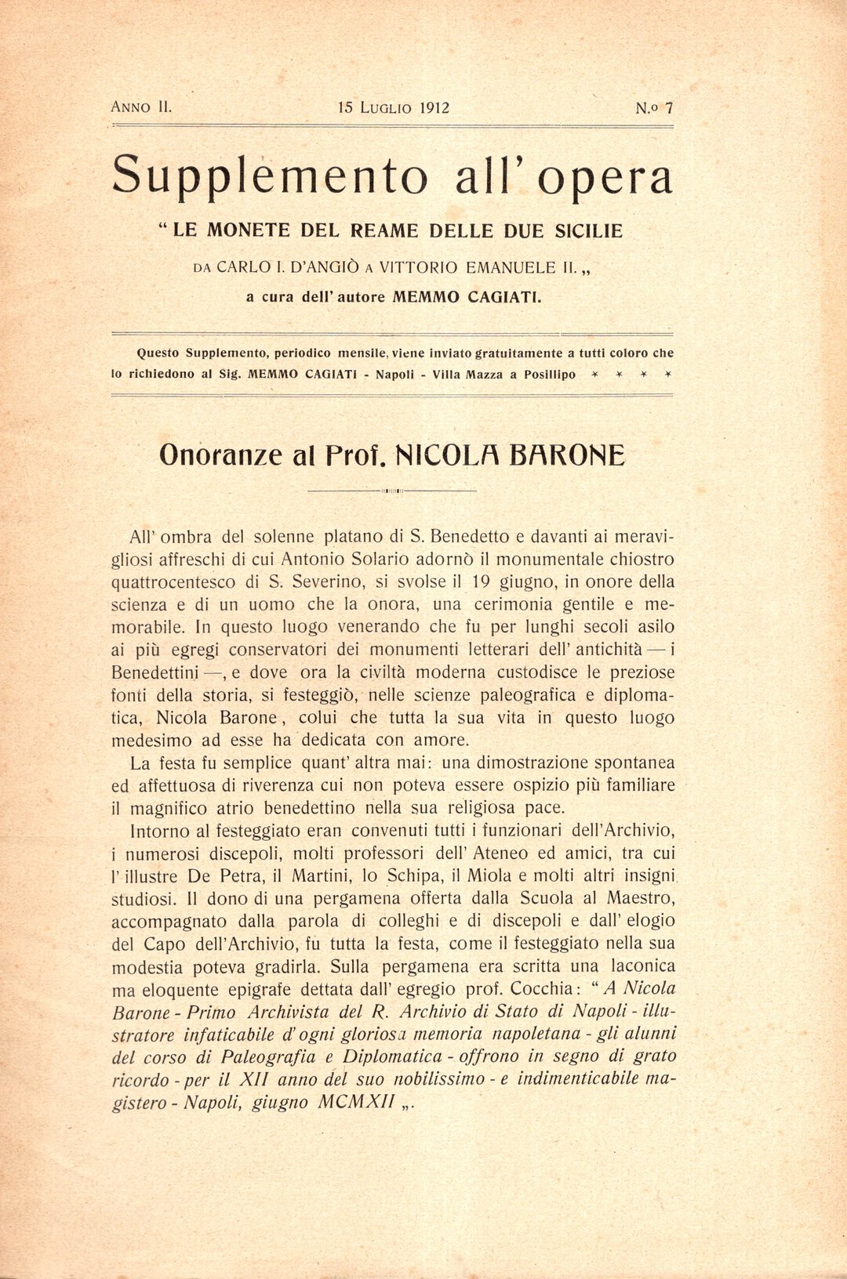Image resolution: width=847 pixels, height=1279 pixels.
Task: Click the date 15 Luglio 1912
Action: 394,108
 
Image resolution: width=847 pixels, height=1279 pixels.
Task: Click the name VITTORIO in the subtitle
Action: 419,267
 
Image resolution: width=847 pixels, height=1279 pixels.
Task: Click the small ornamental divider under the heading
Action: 392,491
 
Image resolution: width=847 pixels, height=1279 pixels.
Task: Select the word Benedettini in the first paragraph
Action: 157,672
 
